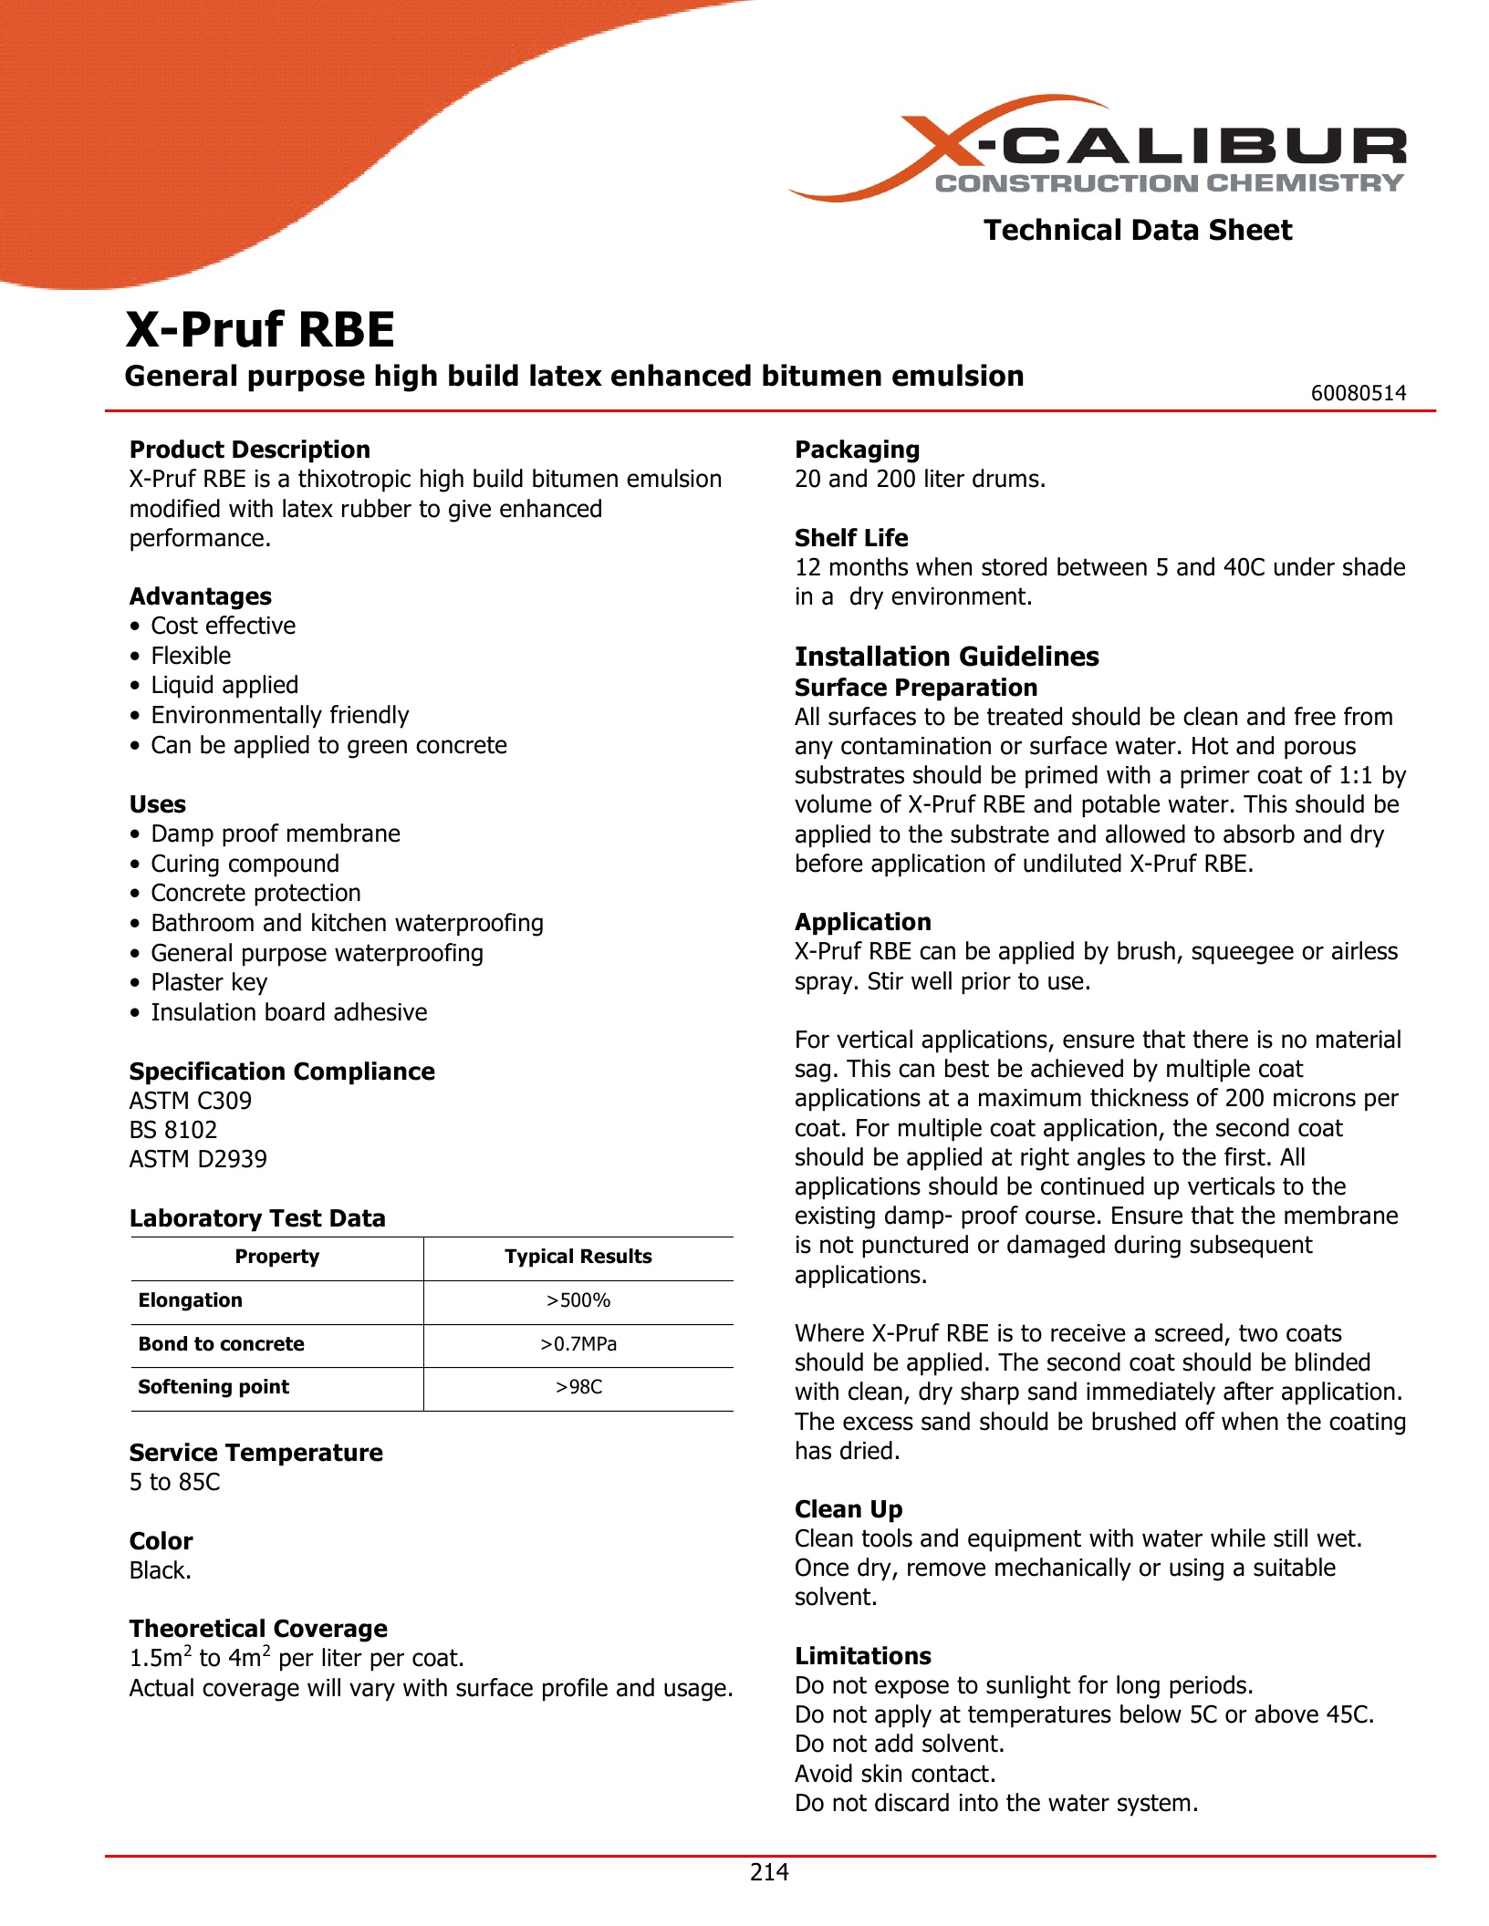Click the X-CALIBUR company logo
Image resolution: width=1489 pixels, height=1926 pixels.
coord(1099,150)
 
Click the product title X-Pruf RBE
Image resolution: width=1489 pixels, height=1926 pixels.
coord(260,329)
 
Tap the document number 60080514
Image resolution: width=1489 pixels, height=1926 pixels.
coord(1358,393)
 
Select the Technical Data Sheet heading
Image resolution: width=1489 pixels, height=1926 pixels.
coord(1137,230)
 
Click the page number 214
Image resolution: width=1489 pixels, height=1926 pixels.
coord(768,1872)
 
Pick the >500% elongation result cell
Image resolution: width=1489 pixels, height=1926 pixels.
coord(578,1300)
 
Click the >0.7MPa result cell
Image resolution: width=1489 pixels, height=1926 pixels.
coord(578,1344)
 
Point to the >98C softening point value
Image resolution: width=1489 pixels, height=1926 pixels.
coord(578,1387)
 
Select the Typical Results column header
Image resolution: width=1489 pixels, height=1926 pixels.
coord(578,1257)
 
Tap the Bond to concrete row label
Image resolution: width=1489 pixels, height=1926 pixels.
coord(222,1344)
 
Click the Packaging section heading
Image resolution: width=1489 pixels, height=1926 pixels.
coord(857,450)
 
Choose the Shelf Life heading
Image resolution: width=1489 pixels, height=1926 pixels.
coord(851,538)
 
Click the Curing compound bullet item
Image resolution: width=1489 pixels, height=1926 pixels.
coord(245,864)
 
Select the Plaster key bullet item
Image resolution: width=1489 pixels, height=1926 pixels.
coord(209,982)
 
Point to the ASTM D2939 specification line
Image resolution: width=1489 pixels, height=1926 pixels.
coord(198,1159)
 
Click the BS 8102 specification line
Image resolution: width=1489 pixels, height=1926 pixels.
coord(173,1130)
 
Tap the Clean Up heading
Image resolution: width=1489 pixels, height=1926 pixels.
coord(849,1509)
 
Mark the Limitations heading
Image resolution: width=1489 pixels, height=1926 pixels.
coord(863,1656)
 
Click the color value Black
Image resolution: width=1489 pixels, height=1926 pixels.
coord(160,1570)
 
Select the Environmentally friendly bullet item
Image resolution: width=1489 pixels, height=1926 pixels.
coord(279,715)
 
